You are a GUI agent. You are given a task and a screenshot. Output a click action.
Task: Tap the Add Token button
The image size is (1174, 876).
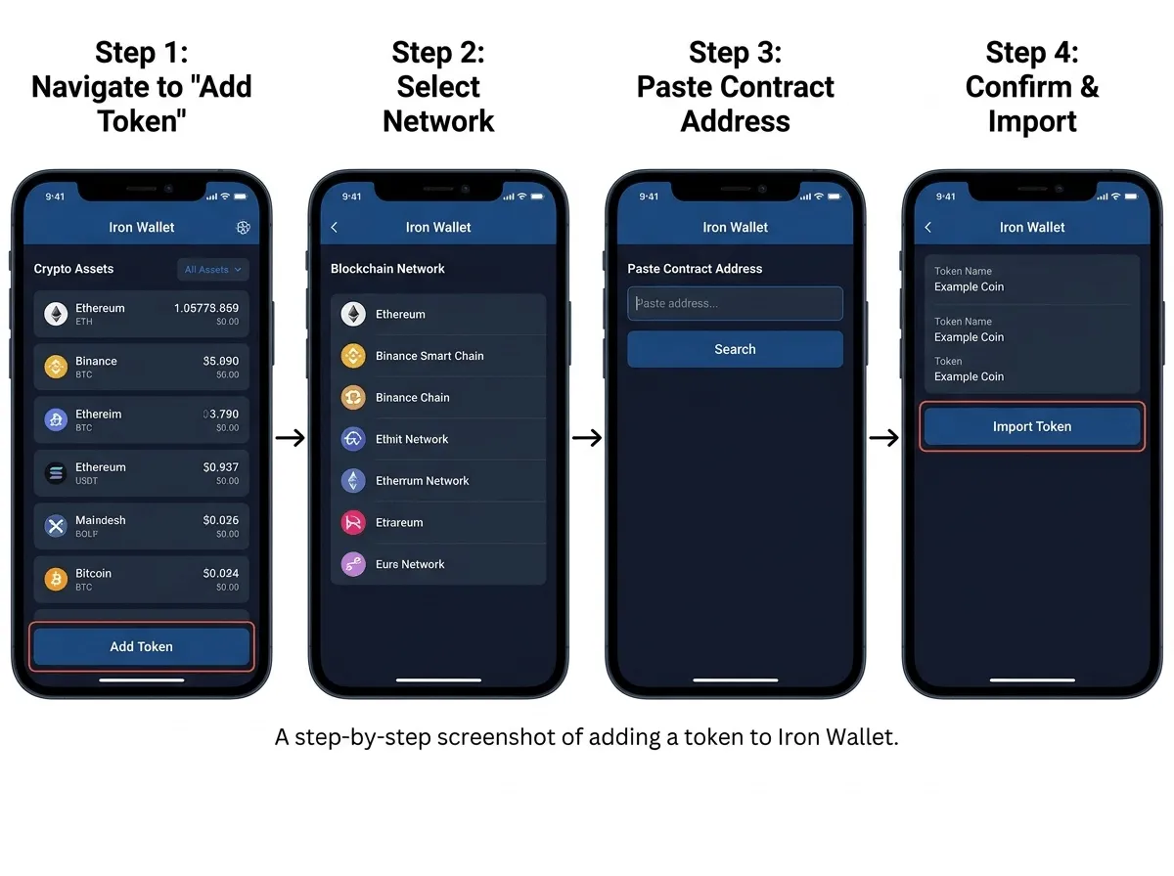[x=141, y=646]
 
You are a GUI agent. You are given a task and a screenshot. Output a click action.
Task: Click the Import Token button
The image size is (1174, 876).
[x=1032, y=426]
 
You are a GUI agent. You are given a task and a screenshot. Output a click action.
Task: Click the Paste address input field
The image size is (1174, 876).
[x=735, y=303]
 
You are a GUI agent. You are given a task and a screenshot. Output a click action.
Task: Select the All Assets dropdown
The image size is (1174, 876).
[x=213, y=270]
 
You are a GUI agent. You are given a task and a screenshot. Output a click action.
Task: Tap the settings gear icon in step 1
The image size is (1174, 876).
[x=243, y=227]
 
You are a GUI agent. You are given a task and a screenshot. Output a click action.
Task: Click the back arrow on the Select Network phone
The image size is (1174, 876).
[x=335, y=227]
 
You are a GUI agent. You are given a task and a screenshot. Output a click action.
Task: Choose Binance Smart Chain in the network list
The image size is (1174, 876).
[x=429, y=356]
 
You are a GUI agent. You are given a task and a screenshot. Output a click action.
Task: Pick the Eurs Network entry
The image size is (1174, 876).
[x=410, y=564]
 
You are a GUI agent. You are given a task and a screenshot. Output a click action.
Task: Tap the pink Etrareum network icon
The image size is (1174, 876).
[x=353, y=522]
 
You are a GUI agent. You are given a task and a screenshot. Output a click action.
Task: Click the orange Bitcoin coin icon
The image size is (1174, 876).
[x=56, y=580]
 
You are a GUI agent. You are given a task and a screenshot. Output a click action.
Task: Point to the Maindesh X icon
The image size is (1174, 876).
[x=56, y=526]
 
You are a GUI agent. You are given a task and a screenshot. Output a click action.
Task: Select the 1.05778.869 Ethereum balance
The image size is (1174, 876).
[x=206, y=308]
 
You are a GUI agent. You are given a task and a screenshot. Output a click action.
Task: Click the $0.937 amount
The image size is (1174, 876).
[x=221, y=467]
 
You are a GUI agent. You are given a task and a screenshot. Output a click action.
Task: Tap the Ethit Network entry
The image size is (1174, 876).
[x=412, y=439]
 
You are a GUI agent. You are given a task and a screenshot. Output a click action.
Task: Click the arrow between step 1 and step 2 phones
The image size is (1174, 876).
[x=290, y=438]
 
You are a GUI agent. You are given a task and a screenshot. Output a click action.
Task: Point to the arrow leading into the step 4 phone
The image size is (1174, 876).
[x=883, y=438]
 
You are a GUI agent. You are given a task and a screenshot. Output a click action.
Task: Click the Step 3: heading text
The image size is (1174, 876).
[x=735, y=53]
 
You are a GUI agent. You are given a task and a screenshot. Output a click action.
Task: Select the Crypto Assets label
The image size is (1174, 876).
[x=73, y=268]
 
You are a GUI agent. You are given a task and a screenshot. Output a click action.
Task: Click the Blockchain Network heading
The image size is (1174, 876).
[x=387, y=268]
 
